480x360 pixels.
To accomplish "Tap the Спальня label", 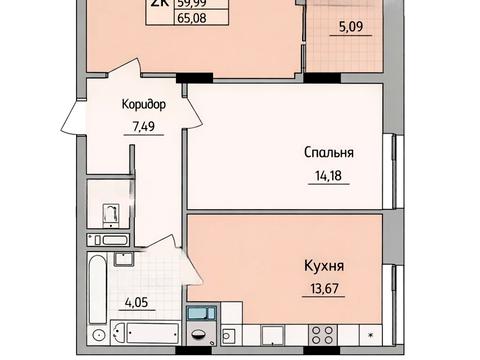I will coord(331,153).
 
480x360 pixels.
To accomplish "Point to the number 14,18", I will coord(331,177).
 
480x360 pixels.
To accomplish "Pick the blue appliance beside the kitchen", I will coord(201,315).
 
